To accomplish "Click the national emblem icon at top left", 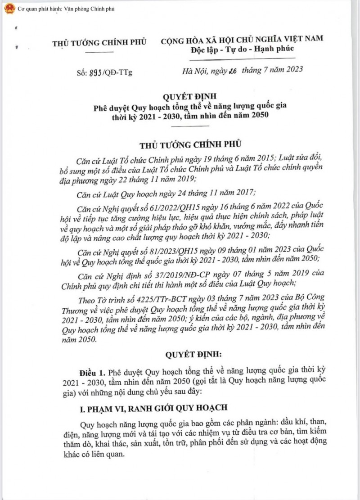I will (x=8, y=9).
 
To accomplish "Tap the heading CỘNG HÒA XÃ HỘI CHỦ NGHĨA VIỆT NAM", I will (x=242, y=40).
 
